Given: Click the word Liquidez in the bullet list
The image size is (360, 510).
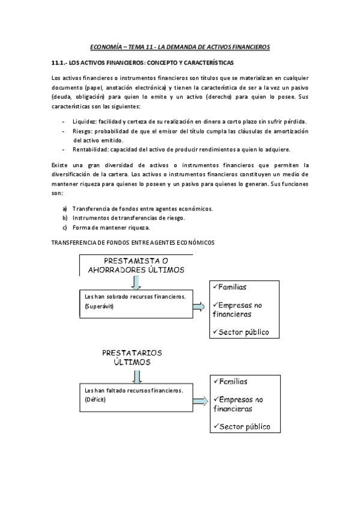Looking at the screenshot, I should (x=84, y=121).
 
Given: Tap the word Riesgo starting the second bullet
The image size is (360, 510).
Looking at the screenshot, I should (x=83, y=131).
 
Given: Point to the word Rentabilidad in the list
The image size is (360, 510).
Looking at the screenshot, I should (x=90, y=149).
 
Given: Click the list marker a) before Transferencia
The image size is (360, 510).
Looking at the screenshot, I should (x=64, y=209).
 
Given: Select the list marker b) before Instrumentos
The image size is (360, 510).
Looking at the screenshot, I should (x=64, y=218).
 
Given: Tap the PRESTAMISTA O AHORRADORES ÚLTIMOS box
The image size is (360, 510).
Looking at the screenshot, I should (x=136, y=265).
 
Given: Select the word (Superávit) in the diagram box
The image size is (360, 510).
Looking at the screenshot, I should (x=100, y=307).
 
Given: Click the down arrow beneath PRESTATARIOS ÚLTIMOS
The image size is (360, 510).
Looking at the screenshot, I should (x=137, y=376).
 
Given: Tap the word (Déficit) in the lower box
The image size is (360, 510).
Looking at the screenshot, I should (x=96, y=399).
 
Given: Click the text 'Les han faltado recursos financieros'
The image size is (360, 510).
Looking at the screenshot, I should (x=133, y=390).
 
